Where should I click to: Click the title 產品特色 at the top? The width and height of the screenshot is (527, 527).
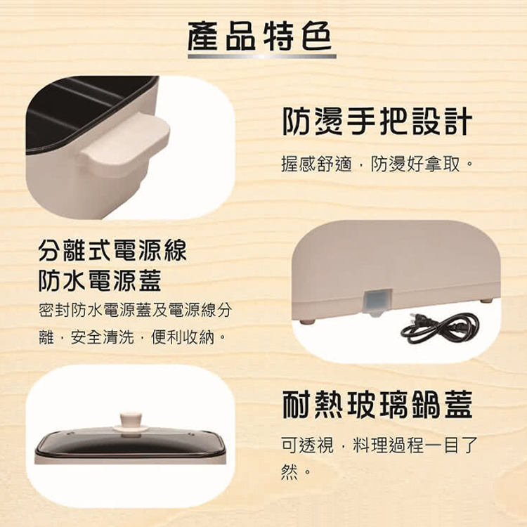coord(261,36)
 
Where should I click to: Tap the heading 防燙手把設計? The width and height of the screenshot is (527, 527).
coord(377,122)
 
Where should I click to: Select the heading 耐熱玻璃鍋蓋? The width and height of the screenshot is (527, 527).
coord(377,404)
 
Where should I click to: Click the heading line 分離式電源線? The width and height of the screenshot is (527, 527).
coord(112,251)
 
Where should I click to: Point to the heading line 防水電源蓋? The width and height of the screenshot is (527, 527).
coord(100,280)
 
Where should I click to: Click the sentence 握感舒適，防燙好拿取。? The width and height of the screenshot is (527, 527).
coord(376,164)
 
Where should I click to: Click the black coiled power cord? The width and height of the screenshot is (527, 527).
coord(440,328)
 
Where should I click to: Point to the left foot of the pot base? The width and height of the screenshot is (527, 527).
coord(307,322)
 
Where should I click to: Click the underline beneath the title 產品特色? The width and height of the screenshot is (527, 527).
coord(262,56)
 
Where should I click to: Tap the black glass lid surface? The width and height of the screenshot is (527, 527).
coord(130,441)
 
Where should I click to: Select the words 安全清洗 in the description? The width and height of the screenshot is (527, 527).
coord(102,337)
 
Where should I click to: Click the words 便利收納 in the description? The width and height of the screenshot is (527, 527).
coord(183,337)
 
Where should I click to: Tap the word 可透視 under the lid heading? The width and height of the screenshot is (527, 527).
coord(307,445)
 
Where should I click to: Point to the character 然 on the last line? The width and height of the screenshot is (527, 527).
coord(289,473)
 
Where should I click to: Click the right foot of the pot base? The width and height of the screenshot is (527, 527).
coord(486,301)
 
